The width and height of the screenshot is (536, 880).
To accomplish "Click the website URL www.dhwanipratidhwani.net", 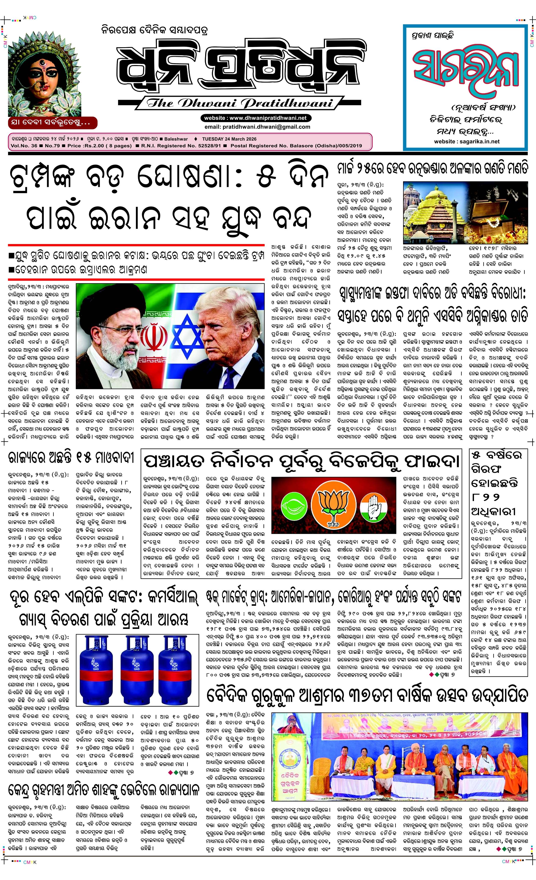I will (x=268, y=118).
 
